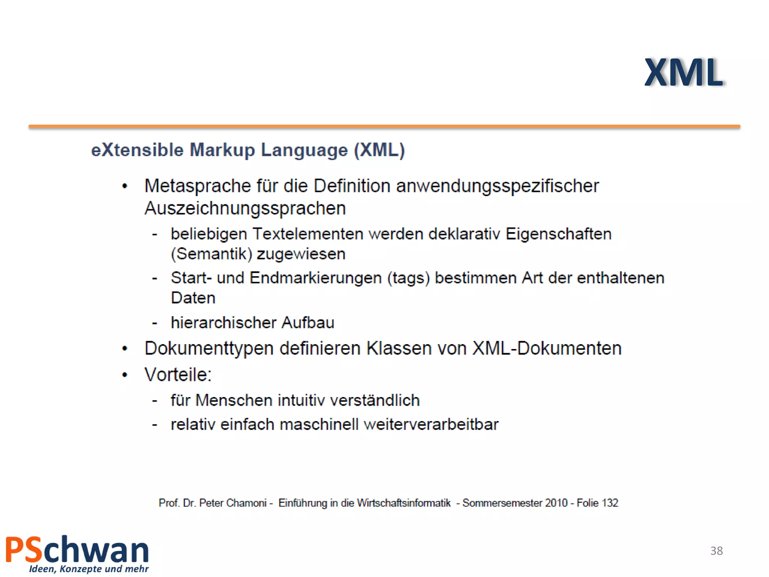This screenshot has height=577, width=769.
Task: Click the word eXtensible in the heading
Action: coord(137,150)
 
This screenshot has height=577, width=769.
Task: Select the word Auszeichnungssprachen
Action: coord(245,208)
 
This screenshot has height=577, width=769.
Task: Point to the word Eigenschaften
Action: coord(558,234)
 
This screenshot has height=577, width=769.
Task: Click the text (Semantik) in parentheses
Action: coord(211,254)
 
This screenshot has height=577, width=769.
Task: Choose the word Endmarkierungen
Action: coord(315,278)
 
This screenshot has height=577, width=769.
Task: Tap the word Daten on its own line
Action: coord(193,298)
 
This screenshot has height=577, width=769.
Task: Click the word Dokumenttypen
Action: coord(209,349)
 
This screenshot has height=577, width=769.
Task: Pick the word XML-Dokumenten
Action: coord(547,348)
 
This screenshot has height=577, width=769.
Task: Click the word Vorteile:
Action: coord(178,375)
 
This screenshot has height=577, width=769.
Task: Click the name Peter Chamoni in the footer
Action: coord(232,503)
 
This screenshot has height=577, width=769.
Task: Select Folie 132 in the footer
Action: coord(597,503)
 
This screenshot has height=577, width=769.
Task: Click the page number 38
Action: coord(716,551)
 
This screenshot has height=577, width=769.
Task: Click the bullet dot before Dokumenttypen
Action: coord(125,349)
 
